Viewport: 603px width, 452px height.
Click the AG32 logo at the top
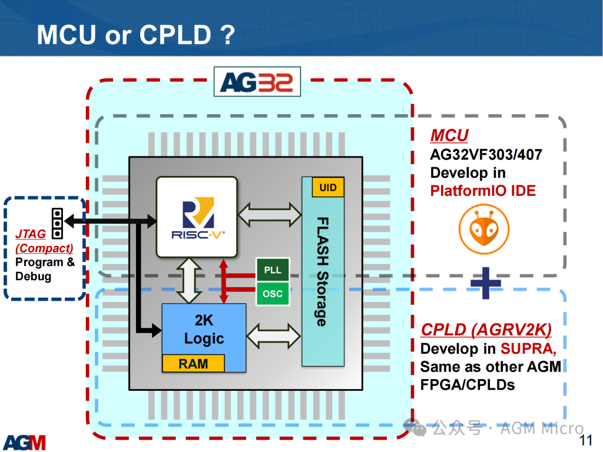pos(257,82)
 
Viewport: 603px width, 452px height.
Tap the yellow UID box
pos(327,187)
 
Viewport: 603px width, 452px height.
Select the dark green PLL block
pos(273,270)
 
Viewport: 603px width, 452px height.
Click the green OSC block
pos(273,294)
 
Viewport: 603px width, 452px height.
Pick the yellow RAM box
pos(193,363)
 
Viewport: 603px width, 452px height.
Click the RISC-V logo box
pos(197,217)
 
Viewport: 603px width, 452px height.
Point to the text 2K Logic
pos(204,330)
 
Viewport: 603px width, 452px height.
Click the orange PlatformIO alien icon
pos(484,229)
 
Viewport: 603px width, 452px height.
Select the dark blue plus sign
pos(486,283)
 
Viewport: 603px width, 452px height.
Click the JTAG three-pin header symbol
pos(57,223)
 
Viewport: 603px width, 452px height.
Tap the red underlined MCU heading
pos(449,135)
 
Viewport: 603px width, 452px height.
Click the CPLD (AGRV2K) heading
pos(486,330)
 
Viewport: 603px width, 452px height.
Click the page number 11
pos(586,440)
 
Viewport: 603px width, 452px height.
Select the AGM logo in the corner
pos(25,443)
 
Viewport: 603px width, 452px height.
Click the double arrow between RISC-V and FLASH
pos(270,214)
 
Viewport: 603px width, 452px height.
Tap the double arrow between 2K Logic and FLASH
pos(273,336)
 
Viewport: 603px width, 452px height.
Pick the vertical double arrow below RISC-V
pos(189,281)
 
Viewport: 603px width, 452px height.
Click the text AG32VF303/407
pos(486,155)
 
